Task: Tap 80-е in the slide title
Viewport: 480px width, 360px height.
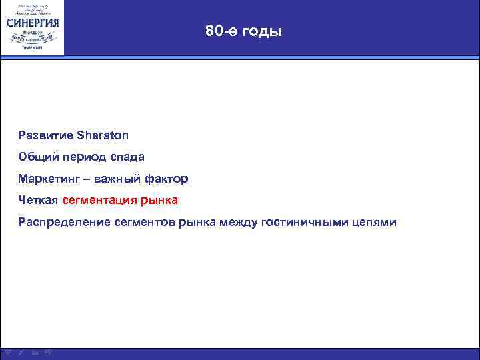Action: [220, 31]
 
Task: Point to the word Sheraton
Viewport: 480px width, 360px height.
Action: [103, 135]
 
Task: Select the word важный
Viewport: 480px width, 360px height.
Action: [117, 179]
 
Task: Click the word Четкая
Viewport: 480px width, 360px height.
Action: [38, 200]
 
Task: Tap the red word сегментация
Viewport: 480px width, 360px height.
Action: [100, 201]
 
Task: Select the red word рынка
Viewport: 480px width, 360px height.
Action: [160, 201]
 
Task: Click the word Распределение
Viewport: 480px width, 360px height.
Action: [59, 222]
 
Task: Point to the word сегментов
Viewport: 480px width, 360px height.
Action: [139, 222]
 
